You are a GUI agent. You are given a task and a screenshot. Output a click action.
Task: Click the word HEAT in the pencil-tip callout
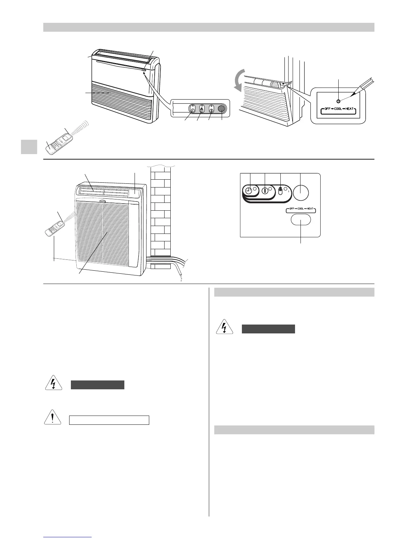coord(349,109)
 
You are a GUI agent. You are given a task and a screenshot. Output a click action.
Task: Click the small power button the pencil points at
coord(338,101)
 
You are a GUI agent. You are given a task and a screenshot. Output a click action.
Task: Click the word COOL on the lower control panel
coord(300,208)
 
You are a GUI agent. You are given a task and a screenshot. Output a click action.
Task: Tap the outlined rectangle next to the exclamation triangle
coord(109,420)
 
